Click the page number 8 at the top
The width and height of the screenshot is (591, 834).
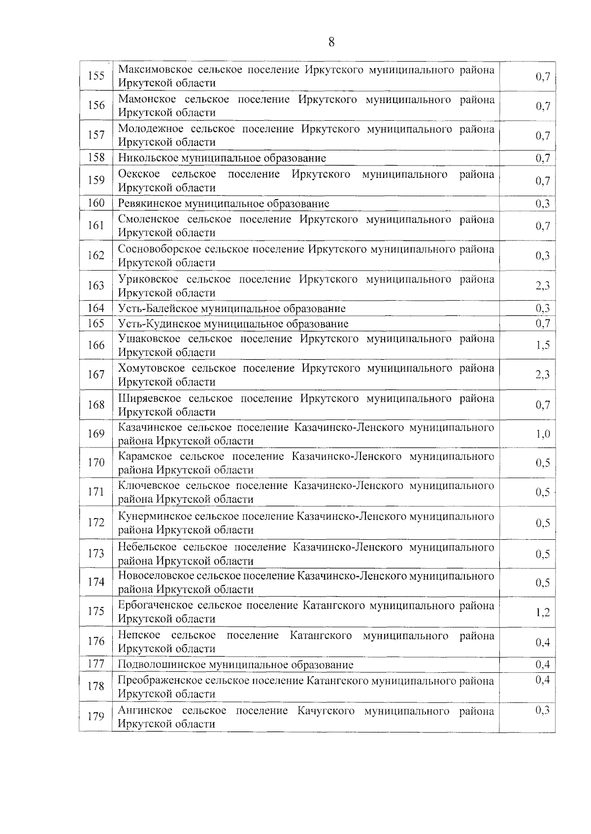click(x=331, y=42)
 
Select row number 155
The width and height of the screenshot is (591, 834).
click(x=96, y=76)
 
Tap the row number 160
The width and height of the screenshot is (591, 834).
click(x=96, y=203)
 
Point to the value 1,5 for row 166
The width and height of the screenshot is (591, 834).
click(x=543, y=346)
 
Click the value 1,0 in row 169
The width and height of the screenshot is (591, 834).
click(x=543, y=434)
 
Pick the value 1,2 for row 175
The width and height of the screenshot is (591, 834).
click(x=543, y=612)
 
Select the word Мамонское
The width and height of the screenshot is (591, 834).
click(x=145, y=100)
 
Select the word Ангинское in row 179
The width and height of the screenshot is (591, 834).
click(x=145, y=711)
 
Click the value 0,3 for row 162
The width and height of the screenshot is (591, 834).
click(x=543, y=256)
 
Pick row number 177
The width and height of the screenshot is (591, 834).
click(x=96, y=664)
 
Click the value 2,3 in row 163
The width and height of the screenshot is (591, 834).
click(x=543, y=286)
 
